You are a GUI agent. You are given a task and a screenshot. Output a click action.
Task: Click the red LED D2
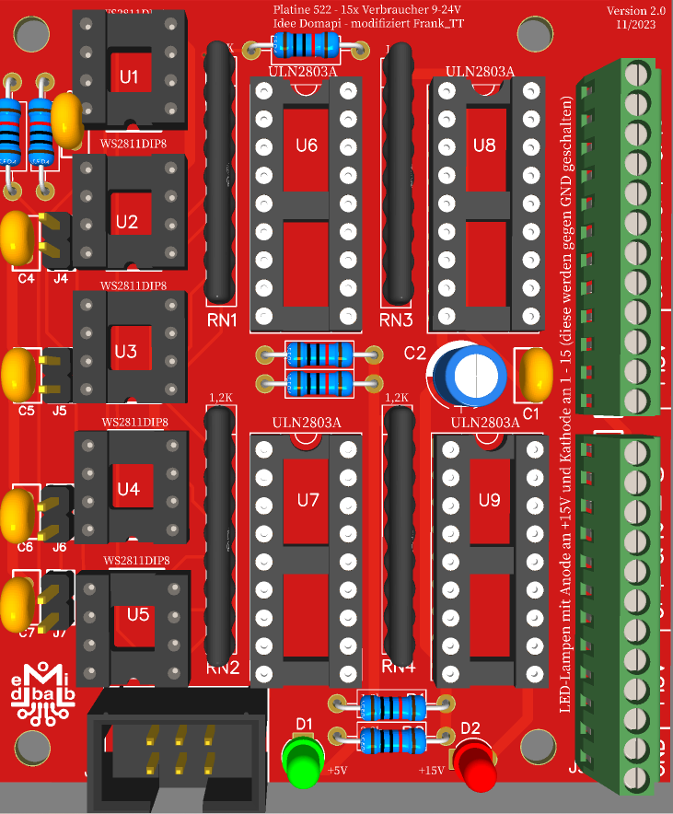tap(476, 764)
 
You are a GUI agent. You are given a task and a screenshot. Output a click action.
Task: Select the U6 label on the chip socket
tap(307, 145)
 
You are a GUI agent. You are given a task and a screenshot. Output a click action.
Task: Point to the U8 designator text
tap(484, 145)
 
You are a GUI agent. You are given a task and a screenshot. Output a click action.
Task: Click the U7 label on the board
tap(307, 500)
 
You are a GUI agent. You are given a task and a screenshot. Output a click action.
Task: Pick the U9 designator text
tap(489, 500)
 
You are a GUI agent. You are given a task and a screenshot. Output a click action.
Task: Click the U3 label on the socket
tap(127, 352)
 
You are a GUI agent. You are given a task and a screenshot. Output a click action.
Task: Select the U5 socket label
tap(138, 614)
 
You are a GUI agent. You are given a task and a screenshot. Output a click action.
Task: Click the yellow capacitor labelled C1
tap(535, 374)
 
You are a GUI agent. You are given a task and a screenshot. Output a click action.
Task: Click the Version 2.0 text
tap(635, 10)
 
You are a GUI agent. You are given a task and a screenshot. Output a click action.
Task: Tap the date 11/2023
tap(637, 25)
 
